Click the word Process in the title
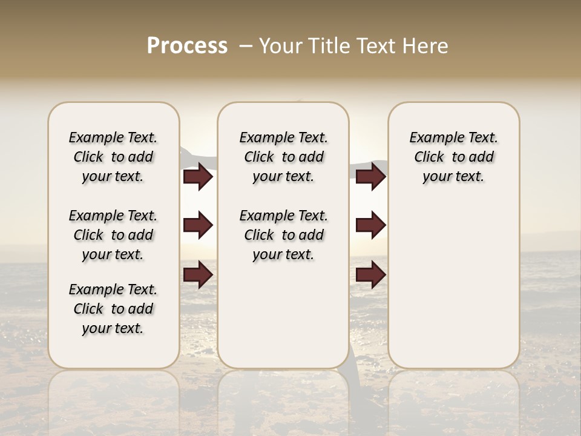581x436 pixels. [x=187, y=46]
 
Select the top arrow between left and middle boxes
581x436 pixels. [x=198, y=177]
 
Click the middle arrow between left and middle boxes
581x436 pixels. [x=198, y=225]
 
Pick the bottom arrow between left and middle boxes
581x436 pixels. [x=198, y=274]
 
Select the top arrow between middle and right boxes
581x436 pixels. [x=370, y=177]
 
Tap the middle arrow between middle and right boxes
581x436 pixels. [x=370, y=225]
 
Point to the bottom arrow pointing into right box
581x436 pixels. [x=370, y=274]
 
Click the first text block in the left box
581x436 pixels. [x=113, y=157]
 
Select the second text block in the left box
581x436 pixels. [x=113, y=235]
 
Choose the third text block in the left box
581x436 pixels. [x=113, y=309]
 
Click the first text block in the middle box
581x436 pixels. [x=283, y=157]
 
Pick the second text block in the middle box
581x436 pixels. [x=283, y=235]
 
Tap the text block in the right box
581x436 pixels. [x=453, y=157]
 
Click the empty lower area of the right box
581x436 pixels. [x=453, y=285]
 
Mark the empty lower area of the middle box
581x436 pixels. [x=283, y=315]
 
